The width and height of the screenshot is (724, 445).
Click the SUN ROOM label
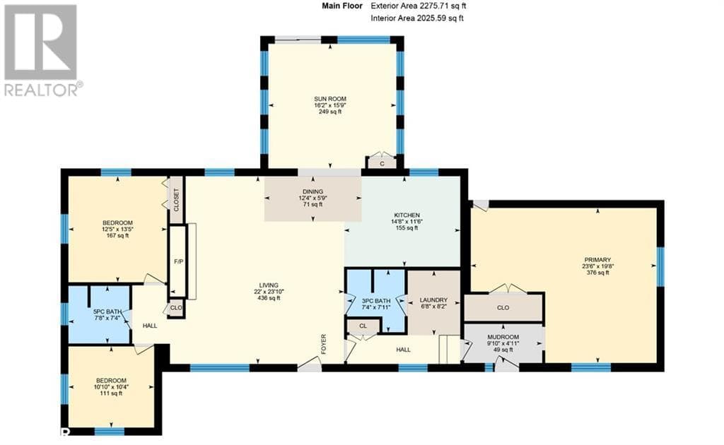click(331, 99)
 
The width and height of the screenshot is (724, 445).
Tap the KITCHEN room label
click(407, 215)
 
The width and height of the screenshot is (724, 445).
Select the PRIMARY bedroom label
click(597, 259)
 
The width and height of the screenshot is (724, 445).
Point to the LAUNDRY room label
click(434, 299)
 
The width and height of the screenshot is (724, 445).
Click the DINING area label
click(313, 191)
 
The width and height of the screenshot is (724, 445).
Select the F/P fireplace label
click(177, 261)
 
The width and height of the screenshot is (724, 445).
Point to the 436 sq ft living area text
click(268, 298)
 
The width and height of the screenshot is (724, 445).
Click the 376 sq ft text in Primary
click(597, 273)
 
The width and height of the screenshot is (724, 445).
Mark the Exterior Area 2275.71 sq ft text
click(419, 6)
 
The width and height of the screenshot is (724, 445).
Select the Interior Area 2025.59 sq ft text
click(417, 18)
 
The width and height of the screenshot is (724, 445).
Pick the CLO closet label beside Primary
click(503, 307)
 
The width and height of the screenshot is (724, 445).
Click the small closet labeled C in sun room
click(381, 163)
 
